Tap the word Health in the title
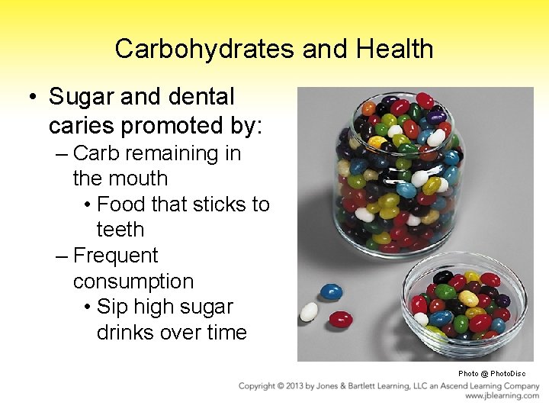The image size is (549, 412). [x=396, y=50]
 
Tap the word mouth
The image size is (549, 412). [x=140, y=179]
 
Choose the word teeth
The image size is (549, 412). [x=120, y=230]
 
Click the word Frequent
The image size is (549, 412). [x=115, y=256]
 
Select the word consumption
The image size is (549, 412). [x=133, y=282]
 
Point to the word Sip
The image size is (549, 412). [x=112, y=307]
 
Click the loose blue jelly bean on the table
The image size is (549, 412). [x=331, y=291]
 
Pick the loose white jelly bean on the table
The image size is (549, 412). [x=309, y=311]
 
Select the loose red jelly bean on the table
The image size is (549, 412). [x=340, y=319]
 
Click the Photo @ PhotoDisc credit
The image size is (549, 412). [x=492, y=374]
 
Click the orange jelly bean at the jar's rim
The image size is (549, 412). [x=370, y=108]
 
